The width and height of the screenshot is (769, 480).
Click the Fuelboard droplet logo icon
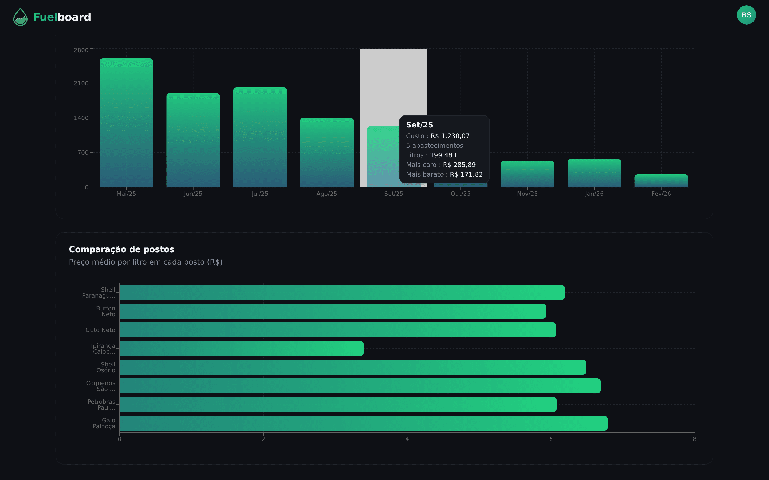pyautogui.click(x=20, y=17)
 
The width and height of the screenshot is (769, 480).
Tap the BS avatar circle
pyautogui.click(x=746, y=15)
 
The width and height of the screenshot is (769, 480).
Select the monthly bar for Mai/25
pyautogui.click(x=126, y=123)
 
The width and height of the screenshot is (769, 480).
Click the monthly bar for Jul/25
pyautogui.click(x=260, y=137)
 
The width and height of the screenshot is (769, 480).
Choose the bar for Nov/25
pyautogui.click(x=527, y=174)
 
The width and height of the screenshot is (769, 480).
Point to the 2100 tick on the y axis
pyautogui.click(x=81, y=83)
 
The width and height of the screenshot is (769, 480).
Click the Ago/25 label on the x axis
pyautogui.click(x=327, y=194)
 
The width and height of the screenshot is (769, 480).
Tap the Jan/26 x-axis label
pyautogui.click(x=594, y=194)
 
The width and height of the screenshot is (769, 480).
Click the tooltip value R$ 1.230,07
pyautogui.click(x=450, y=136)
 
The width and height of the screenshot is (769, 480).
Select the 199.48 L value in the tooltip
pyautogui.click(x=444, y=155)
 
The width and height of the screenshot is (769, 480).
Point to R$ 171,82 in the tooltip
pyautogui.click(x=466, y=174)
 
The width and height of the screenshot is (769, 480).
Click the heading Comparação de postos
pyautogui.click(x=121, y=250)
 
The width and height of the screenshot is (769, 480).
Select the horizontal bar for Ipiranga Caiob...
pyautogui.click(x=241, y=349)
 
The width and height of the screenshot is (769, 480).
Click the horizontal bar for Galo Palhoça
pyautogui.click(x=363, y=423)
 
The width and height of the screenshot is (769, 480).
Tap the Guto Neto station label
pyautogui.click(x=100, y=330)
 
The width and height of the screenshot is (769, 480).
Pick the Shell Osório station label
pyautogui.click(x=106, y=367)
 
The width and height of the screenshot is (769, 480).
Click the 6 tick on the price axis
pyautogui.click(x=551, y=439)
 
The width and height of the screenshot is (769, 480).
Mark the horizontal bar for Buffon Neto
pyautogui.click(x=332, y=311)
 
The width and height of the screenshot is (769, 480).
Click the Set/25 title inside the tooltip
pyautogui.click(x=419, y=125)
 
